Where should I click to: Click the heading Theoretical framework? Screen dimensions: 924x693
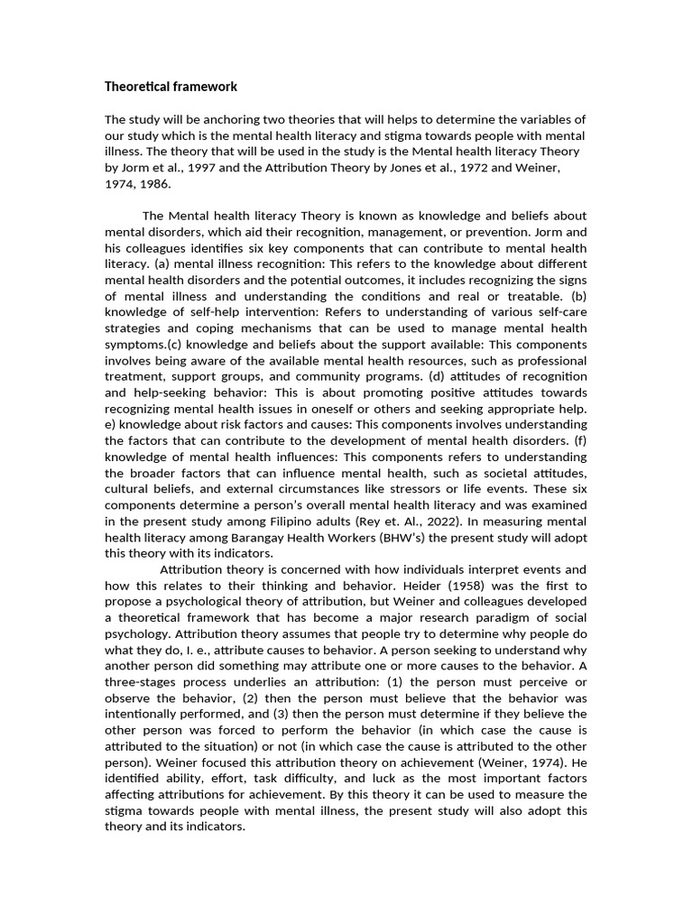pos(171,88)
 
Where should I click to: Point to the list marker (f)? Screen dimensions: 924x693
pos(579,440)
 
